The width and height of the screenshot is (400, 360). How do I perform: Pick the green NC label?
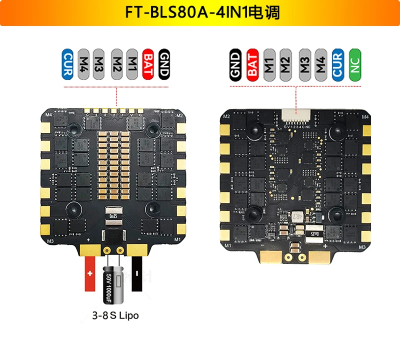point(355,63)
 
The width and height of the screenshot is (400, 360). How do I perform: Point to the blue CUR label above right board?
point(338,63)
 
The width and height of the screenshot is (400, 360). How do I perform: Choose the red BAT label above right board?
point(252,63)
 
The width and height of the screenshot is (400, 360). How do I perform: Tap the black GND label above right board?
point(235,63)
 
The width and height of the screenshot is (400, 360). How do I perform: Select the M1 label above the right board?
point(269,63)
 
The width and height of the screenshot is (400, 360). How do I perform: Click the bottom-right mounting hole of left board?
point(151,208)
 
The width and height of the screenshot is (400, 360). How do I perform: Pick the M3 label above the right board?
point(304,63)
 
